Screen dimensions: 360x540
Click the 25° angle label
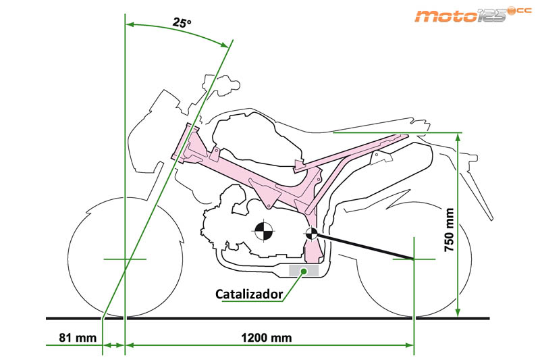coord(182,22)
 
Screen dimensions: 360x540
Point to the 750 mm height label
coord(449,230)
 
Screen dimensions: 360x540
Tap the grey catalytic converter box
coord(303,270)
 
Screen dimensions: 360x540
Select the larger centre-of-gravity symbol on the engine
coord(261,231)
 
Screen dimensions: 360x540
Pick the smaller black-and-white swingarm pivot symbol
coord(311,234)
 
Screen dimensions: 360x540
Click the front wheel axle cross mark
coord(126,259)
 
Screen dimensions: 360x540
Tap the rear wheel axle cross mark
coord(413,259)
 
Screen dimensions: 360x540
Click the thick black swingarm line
coord(364,247)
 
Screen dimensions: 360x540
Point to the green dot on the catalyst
coord(304,270)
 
